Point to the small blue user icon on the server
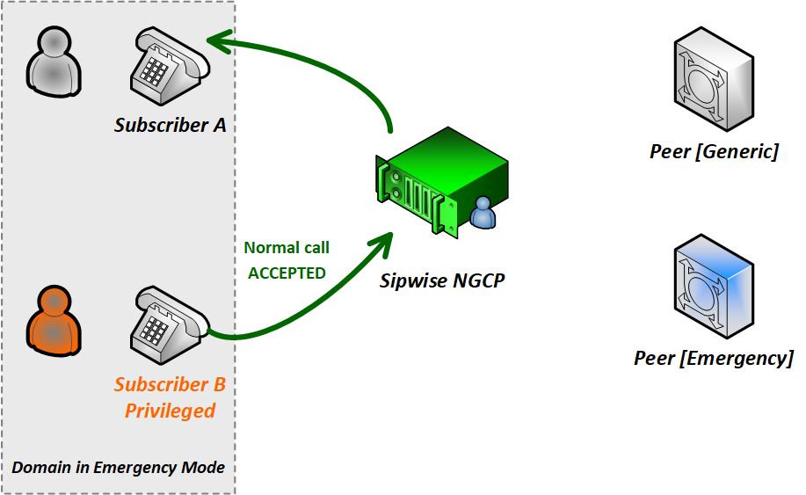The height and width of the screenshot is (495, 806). (483, 214)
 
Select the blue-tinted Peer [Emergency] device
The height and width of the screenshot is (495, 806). (713, 286)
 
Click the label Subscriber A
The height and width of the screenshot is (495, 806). (171, 125)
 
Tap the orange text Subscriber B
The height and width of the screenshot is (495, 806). (171, 385)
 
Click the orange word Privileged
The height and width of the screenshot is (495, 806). (171, 411)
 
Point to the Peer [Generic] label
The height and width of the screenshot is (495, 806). (714, 152)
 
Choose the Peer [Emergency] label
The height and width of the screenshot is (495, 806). (714, 358)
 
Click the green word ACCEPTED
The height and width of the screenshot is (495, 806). (287, 273)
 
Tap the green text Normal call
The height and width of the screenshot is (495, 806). (287, 248)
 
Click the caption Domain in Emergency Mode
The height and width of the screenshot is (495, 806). (119, 467)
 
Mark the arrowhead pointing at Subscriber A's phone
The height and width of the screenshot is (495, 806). (220, 40)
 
